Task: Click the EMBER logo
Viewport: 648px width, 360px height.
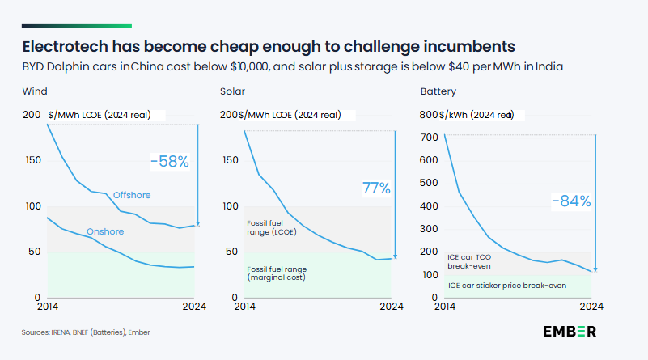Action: (x=570, y=332)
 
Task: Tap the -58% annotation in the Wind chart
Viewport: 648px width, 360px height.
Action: (x=169, y=162)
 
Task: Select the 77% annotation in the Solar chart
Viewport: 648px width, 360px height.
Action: (x=376, y=189)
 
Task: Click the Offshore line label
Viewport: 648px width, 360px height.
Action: (x=133, y=195)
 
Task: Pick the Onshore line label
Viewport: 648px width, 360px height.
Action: (x=106, y=231)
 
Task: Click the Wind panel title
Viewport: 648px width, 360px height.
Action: (x=33, y=91)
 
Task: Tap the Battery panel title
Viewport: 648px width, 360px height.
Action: (x=438, y=91)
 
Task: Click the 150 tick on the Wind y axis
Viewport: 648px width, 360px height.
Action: (x=32, y=160)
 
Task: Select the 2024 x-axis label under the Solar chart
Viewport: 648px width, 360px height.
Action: (x=392, y=307)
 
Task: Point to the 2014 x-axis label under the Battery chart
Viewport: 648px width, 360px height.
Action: (x=445, y=307)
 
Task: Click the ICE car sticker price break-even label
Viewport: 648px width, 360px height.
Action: (x=506, y=285)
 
